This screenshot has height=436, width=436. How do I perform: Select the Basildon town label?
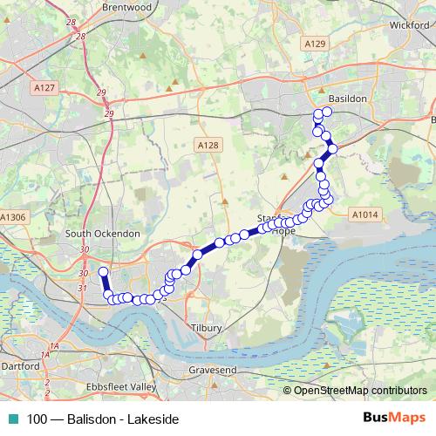[x=348, y=99]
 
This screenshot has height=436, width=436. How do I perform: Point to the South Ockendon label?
[x=103, y=234]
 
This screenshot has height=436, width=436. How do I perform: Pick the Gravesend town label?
[x=212, y=371]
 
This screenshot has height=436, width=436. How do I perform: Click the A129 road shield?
[x=316, y=42]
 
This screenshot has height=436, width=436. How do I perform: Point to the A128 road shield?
[x=207, y=145]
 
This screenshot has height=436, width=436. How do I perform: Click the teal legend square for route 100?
[x=10, y=419]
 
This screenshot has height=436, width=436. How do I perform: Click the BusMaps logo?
[x=395, y=419]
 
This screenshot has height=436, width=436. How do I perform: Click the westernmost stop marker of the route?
[x=103, y=272]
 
